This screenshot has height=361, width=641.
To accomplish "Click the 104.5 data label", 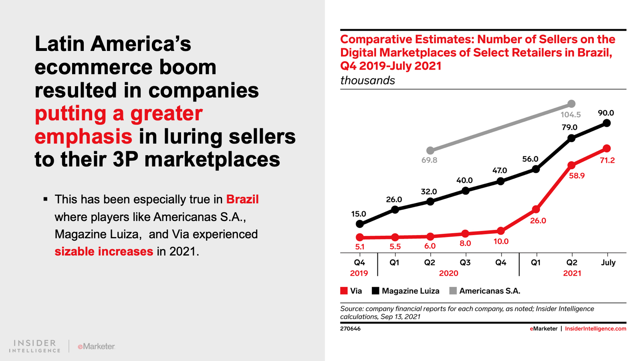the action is [x=570, y=115].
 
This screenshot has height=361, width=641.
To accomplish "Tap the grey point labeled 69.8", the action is [x=430, y=150].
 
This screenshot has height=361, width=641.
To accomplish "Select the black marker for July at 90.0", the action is [x=607, y=123].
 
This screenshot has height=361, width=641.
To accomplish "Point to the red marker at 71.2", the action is [x=607, y=148].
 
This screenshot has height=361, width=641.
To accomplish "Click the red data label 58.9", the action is [x=576, y=176].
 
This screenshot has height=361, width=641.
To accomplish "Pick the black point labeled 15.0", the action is [x=360, y=224].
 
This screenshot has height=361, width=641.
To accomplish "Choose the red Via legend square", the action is [x=344, y=291].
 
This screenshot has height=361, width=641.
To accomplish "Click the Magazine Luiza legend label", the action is [x=410, y=291].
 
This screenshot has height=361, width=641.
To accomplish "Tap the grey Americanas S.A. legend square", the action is [x=453, y=291].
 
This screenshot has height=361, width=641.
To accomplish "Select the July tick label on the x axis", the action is [x=608, y=262].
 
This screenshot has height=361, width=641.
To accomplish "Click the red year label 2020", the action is [x=448, y=273].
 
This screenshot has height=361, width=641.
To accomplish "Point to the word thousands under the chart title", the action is [x=367, y=81].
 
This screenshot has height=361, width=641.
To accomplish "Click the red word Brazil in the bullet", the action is [x=242, y=199].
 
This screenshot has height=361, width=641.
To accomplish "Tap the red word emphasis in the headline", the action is [x=84, y=136].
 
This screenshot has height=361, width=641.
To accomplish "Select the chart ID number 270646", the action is [x=350, y=329].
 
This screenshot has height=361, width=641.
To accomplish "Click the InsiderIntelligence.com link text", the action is [x=595, y=329].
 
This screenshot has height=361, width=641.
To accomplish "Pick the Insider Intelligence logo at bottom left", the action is [x=34, y=346].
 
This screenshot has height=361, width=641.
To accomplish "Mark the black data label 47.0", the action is [x=500, y=170].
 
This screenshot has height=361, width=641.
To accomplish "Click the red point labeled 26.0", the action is [x=536, y=209].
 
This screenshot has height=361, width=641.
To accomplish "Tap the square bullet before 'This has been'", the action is [x=46, y=199].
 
